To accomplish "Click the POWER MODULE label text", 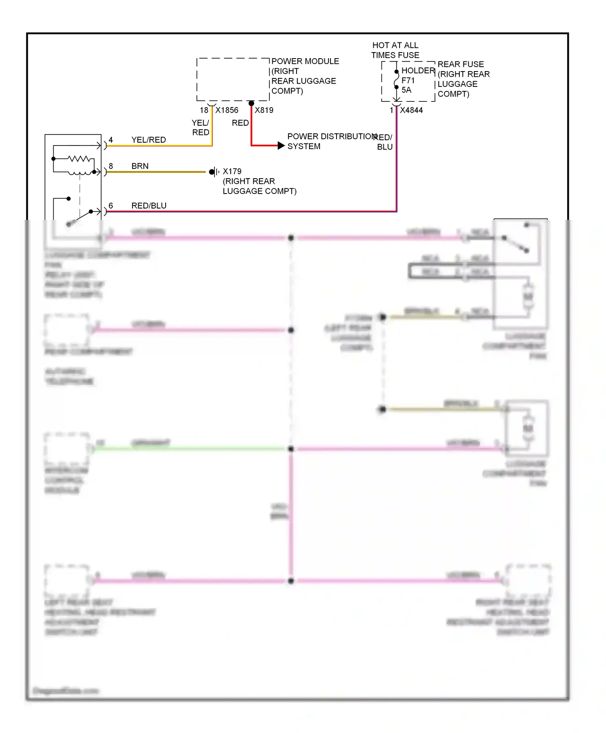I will click(305, 61).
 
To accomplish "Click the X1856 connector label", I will click(227, 110).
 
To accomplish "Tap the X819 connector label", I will click(264, 110).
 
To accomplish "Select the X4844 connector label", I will click(411, 110).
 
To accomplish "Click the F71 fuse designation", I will click(408, 80).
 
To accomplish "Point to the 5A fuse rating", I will click(406, 90).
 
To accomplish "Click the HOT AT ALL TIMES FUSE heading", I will click(395, 50).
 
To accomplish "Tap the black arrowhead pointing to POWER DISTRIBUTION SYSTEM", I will click(281, 145).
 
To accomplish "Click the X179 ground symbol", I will click(214, 172).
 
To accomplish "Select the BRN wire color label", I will click(140, 166).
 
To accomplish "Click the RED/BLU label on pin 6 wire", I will click(149, 206).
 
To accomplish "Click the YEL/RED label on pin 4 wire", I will click(148, 140).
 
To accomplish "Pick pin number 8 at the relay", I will click(111, 166).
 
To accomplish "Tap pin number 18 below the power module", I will click(204, 110).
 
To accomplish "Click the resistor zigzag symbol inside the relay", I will click(79, 159).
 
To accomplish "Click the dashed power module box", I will click(233, 80).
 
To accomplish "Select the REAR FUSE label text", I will click(461, 64).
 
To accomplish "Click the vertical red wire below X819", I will click(251, 125).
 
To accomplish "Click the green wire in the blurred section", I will click(190, 449).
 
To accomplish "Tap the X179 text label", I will click(232, 171).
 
